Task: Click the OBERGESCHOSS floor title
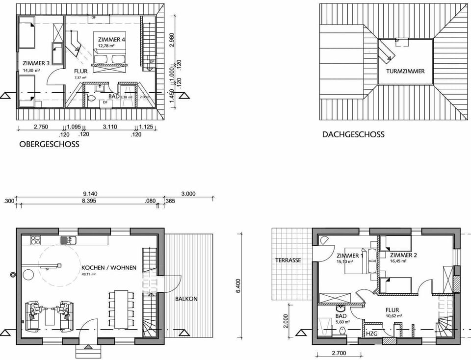pos(49,145)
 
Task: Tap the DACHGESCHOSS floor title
pos(353,134)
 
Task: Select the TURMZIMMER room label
pos(405,71)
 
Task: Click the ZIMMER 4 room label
pos(111,39)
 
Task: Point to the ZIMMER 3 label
pos(36,63)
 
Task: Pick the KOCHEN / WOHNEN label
pos(109,268)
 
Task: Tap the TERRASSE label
pos(288,260)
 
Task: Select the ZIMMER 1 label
pos(350,256)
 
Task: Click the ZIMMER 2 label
pos(403,256)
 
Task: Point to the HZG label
pos(372,334)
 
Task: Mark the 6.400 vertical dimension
pos(238,286)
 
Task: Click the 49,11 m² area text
pos(89,275)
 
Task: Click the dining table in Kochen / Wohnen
pos(121,309)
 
